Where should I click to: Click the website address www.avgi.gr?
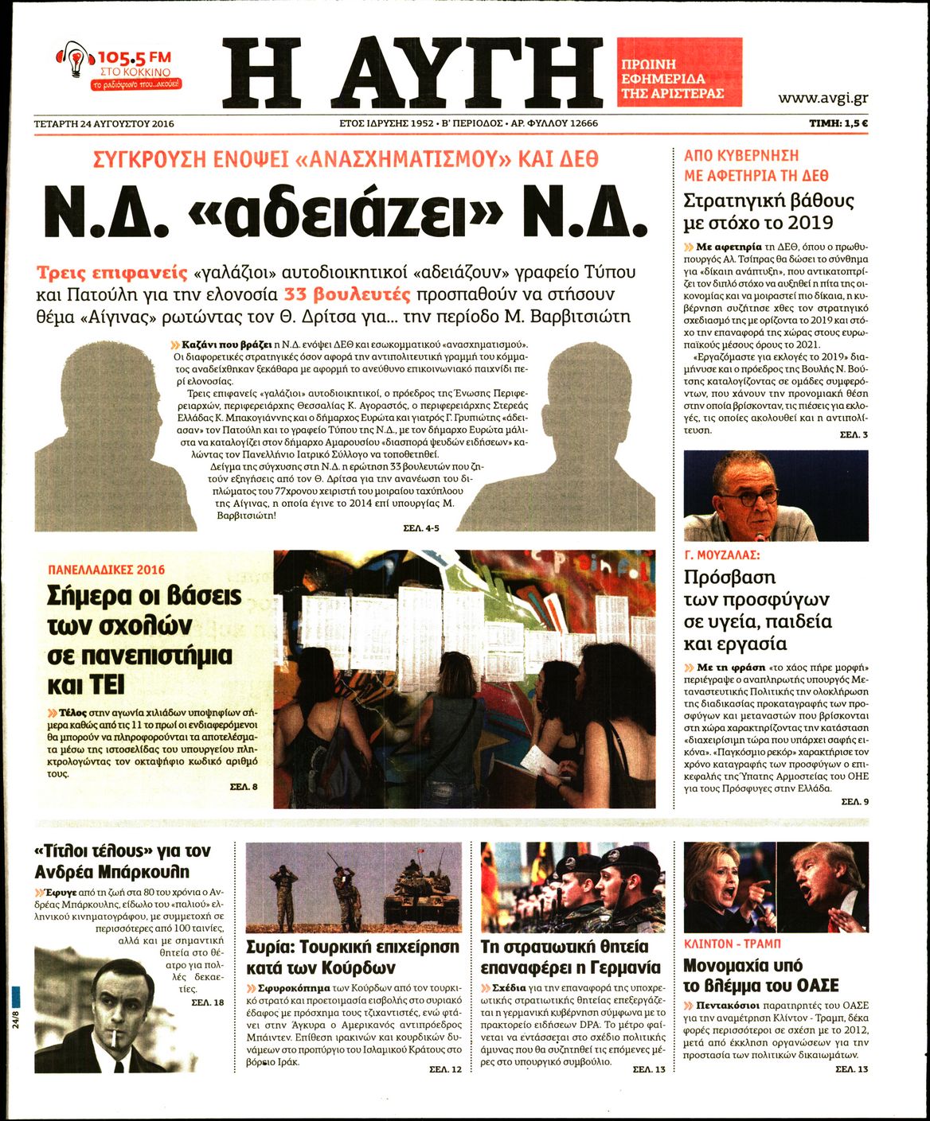823,98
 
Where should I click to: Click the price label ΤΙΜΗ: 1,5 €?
838,123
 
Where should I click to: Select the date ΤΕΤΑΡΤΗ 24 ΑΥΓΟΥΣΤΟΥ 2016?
104,123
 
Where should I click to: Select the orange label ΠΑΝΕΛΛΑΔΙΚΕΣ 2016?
106,570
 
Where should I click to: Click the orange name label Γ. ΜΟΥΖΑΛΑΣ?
722,555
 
